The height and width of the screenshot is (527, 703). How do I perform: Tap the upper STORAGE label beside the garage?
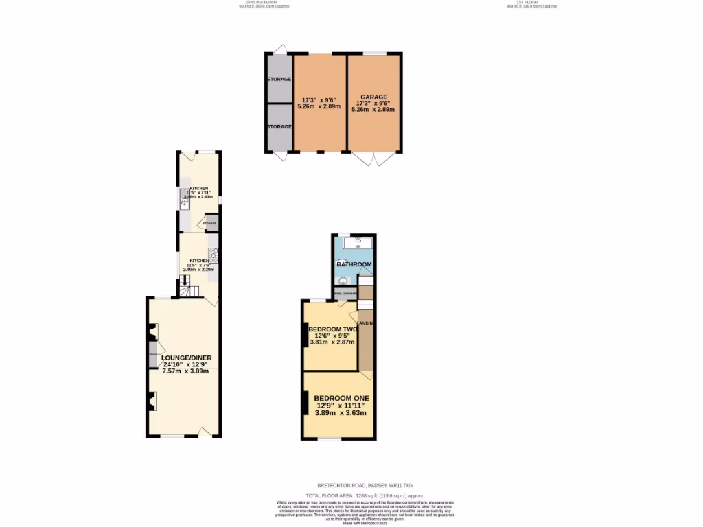pos(279,80)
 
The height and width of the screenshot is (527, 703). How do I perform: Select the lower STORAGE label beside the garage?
pos(279,127)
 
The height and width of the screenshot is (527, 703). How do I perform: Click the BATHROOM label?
pos(354,264)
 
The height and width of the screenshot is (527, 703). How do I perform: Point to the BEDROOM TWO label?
pos(333,329)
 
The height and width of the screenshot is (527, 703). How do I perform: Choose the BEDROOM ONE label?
pos(341,398)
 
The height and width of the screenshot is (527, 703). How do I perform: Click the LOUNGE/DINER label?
pos(186,358)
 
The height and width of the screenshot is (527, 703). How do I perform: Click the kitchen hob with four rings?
pos(214,256)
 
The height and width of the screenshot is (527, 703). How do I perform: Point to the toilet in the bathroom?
pos(342,280)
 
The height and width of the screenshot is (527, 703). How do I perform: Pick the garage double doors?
pos(373,159)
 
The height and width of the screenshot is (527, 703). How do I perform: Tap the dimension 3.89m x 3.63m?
pos(341,413)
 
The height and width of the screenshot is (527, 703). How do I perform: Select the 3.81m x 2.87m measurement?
pos(331,342)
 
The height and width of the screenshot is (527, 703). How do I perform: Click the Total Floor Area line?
pos(365,495)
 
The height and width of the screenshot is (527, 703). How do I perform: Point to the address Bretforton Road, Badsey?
pos(365,485)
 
